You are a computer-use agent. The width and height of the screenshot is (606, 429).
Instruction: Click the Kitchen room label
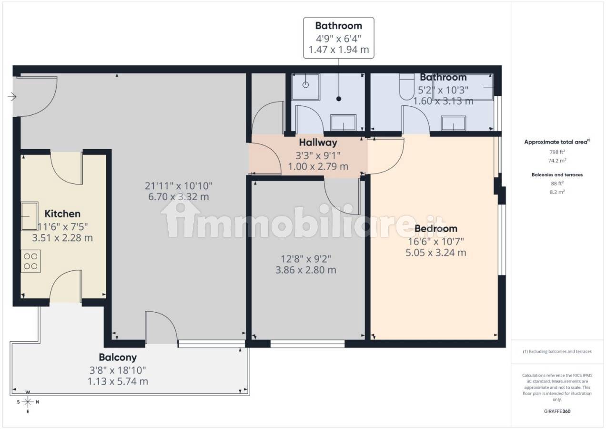pos(62,214)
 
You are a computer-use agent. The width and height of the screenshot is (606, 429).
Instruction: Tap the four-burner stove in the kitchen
pos(30,261)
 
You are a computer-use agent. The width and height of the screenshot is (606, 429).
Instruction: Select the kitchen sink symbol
pos(30,216)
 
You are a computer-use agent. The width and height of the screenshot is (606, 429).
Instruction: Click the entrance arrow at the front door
pos(12,97)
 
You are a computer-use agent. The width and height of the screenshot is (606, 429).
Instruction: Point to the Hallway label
pos(318,143)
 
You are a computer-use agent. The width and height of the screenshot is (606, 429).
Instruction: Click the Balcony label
pos(118,357)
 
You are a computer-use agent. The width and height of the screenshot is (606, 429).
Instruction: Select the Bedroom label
pos(436,229)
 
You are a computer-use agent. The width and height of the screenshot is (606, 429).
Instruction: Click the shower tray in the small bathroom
pos(306,87)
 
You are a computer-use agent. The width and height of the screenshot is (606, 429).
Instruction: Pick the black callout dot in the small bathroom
pos(339,99)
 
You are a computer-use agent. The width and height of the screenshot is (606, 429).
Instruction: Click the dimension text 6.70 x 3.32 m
pos(179,197)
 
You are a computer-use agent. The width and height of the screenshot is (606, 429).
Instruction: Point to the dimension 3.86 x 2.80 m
pos(306,270)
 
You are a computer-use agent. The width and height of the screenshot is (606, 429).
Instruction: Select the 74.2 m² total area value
pos(557,161)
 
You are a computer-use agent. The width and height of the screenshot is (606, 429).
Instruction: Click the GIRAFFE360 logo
pos(557,411)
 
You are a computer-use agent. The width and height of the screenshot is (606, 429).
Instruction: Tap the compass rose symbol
pos(28,402)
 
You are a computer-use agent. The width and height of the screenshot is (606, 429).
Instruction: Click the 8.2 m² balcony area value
pos(557,192)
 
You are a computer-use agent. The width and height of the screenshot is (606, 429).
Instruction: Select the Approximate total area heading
pos(557,142)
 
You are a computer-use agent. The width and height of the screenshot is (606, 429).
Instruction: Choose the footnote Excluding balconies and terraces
pos(557,352)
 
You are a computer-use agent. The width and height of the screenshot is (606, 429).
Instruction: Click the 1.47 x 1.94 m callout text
pos(339,50)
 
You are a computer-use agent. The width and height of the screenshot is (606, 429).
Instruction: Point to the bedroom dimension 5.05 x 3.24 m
pos(436,253)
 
